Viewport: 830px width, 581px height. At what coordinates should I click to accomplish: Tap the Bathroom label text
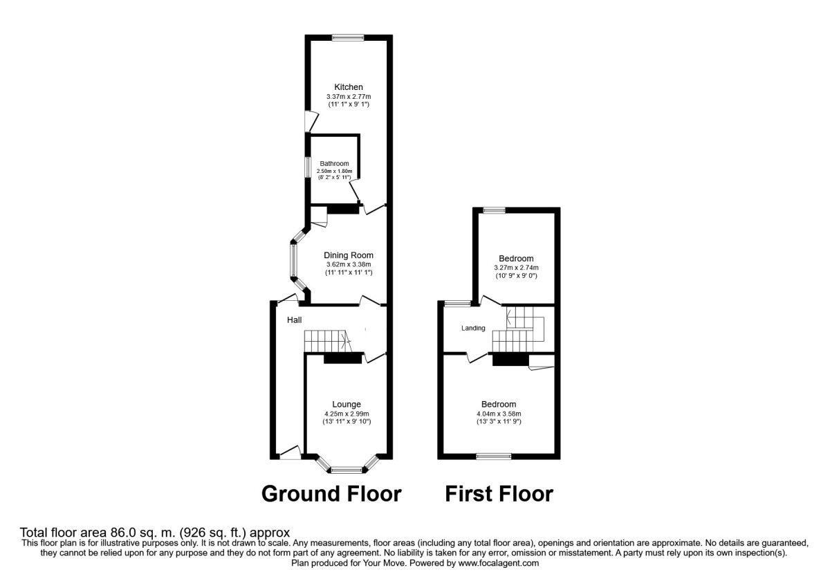(334, 164)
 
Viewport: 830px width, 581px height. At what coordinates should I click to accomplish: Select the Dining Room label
(349, 255)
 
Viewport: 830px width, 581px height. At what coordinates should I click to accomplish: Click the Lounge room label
(347, 405)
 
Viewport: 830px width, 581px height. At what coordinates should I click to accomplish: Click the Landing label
(474, 328)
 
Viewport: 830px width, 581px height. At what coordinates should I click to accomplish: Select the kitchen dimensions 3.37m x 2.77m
(349, 96)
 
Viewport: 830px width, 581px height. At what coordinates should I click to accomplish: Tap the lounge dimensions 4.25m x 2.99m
(347, 414)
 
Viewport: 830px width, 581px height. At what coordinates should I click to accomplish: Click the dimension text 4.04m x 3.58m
(499, 414)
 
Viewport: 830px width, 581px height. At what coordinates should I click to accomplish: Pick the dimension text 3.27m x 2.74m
(516, 268)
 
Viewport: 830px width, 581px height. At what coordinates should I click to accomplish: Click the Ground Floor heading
(331, 494)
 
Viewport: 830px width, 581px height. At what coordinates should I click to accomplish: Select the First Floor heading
(499, 494)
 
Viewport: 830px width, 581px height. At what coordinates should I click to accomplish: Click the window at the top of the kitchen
(344, 37)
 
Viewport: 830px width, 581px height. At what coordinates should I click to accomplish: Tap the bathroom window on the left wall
(309, 169)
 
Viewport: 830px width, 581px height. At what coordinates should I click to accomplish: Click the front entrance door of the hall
(289, 454)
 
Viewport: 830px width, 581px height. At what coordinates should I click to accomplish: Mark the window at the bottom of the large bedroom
(494, 456)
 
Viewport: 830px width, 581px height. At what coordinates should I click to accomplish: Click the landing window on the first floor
(455, 303)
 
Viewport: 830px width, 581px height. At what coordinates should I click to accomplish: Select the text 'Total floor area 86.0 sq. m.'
(96, 533)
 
